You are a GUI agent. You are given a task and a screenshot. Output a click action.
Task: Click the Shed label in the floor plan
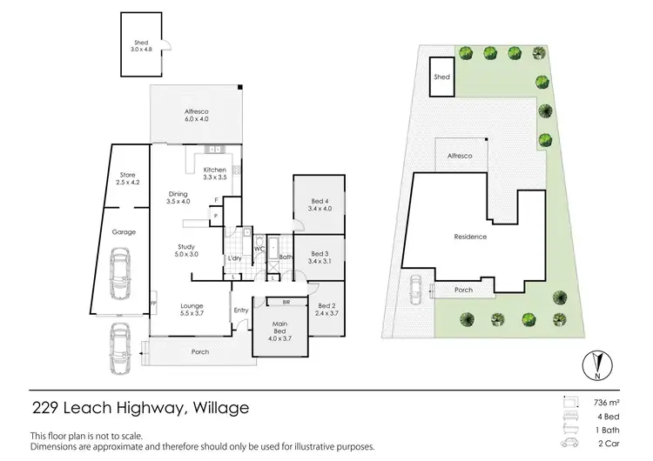[x=141, y=46]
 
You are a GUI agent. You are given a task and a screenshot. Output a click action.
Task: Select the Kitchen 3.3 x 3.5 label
[x=214, y=173]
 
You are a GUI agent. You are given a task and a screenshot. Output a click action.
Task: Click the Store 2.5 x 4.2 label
[x=127, y=179]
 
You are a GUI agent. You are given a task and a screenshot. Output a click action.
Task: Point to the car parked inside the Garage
[x=121, y=273]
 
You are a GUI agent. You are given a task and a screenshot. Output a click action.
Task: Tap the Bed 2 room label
[x=326, y=309]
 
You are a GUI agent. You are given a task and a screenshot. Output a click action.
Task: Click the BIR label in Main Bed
[x=286, y=302]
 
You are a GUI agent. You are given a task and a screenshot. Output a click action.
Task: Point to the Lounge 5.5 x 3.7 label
[x=192, y=309]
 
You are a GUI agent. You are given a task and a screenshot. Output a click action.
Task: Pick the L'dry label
[x=233, y=258]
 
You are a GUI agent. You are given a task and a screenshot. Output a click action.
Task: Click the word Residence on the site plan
[x=469, y=237]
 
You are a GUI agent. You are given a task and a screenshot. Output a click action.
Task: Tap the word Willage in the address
[x=219, y=406]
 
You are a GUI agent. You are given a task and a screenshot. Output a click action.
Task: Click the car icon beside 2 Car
[x=569, y=444]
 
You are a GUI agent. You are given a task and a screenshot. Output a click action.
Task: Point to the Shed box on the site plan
[x=442, y=79]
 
